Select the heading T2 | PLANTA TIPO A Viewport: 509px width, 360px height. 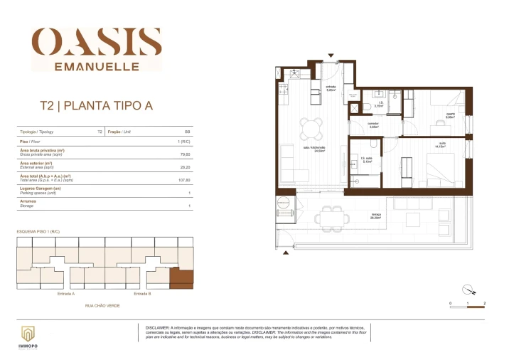click(95, 107)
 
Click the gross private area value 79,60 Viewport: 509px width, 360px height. click(186, 153)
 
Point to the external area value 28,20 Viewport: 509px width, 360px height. click(186, 168)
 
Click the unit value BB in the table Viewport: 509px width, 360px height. click(187, 132)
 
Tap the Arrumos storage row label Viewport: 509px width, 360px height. click(28, 201)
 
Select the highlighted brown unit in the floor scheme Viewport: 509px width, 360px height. click(181, 278)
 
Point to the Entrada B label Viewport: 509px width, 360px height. click(143, 293)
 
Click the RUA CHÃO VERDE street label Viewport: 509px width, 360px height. click(102, 305)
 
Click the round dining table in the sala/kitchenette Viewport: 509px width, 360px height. click(310, 128)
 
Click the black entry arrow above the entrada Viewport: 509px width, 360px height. click(330, 55)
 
